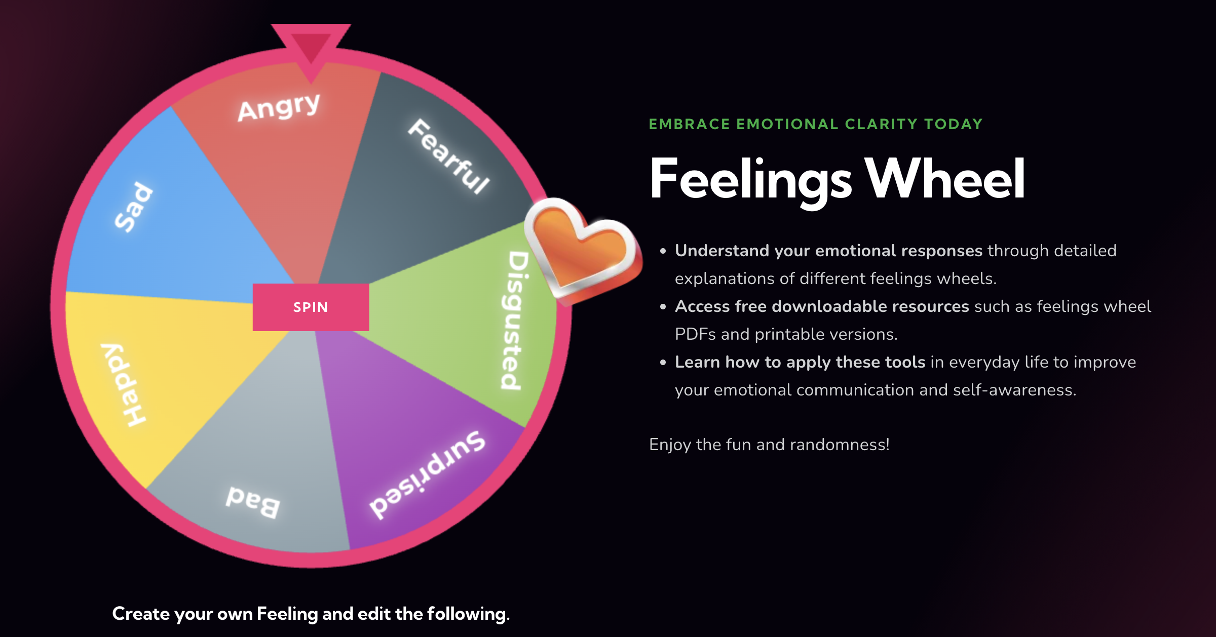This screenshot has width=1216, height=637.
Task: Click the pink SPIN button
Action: pos(311,307)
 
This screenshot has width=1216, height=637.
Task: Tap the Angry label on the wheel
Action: pos(279,107)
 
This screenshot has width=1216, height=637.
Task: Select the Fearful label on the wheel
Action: pos(449,156)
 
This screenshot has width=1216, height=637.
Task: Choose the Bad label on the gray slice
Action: pos(253,501)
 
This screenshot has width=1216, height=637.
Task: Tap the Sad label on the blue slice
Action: pos(133,207)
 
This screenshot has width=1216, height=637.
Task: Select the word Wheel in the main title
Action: pos(945,178)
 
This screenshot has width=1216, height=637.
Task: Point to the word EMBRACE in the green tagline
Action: pos(689,124)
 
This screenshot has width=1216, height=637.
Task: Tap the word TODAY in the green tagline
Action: pos(953,124)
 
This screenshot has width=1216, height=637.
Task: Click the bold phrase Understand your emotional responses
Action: pos(828,251)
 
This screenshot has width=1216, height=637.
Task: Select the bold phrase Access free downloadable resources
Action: pos(822,306)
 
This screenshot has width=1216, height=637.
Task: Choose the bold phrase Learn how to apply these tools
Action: pos(800,362)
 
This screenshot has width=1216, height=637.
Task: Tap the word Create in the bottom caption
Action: pos(141,614)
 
